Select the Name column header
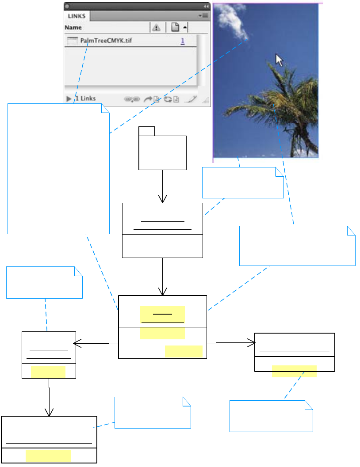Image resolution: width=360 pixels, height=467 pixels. click(x=73, y=27)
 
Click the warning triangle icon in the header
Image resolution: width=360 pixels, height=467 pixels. click(x=156, y=27)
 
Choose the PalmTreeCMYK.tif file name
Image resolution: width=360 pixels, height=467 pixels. click(x=106, y=41)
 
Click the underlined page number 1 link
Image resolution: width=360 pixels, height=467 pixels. click(x=183, y=41)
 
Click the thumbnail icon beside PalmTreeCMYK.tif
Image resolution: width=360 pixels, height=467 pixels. click(x=72, y=41)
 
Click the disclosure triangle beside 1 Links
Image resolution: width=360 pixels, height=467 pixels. click(x=69, y=99)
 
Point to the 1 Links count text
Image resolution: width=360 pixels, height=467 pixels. click(x=85, y=99)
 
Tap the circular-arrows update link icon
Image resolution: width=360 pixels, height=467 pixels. click(x=168, y=99)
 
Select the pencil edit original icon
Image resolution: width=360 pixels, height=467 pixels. click(x=193, y=99)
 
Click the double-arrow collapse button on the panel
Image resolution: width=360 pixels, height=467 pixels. click(x=206, y=7)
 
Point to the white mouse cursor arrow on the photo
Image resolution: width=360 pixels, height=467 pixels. click(x=279, y=60)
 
